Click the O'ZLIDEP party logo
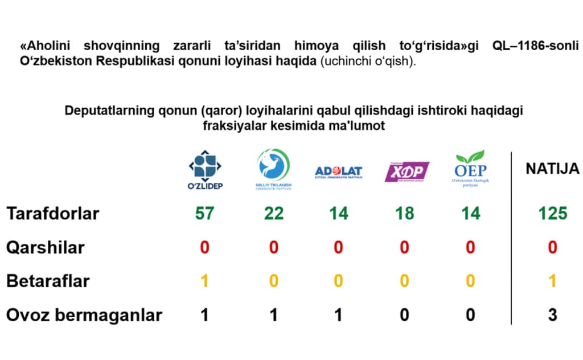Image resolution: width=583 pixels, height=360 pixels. coord(205,169)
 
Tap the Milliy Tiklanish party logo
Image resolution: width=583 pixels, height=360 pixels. coord(273,167)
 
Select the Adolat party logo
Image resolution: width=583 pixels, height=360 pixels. coord(338,171)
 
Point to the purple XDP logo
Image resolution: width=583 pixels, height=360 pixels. coord(407,171)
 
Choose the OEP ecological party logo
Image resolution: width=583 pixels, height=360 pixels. coord(471,169)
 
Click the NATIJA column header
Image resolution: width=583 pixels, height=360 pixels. coord(552,169)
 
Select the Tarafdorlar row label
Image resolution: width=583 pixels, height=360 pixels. coord(52,214)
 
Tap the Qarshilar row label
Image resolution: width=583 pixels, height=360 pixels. coord(45,248)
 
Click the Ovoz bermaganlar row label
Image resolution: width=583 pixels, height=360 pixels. coord(84,315)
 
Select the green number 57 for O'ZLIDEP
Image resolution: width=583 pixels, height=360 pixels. coord(204,214)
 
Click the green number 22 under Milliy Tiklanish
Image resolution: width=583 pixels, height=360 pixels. coord(273,214)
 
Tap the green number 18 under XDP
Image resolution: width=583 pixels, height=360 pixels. coord(404,214)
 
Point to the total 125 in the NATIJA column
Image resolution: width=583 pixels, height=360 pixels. coord(552,214)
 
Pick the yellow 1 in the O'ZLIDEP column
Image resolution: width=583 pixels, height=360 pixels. coord(205,281)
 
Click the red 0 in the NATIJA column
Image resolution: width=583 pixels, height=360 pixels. coord(552,248)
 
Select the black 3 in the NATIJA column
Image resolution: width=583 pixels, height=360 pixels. coord(552,315)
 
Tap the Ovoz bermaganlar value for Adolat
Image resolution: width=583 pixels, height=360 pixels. coord(338,315)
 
